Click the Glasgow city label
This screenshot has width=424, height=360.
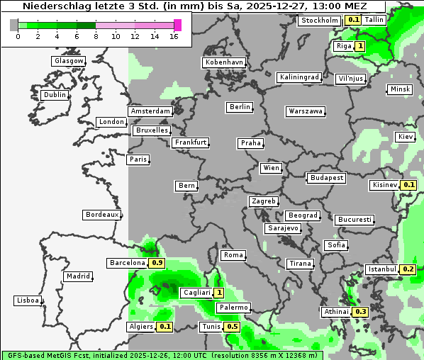pos(68,61)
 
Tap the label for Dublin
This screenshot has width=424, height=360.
pos(55,95)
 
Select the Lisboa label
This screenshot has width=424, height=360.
pos(28,300)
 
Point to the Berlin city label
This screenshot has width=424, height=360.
pos(240,107)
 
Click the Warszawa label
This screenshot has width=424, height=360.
pos(306,111)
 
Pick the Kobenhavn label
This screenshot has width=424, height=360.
pos(224,62)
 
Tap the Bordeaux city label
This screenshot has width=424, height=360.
pos(101,215)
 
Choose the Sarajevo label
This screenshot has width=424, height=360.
pos(283,229)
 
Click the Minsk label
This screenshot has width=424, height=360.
pos(400,89)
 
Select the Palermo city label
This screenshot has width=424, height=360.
pos(233,308)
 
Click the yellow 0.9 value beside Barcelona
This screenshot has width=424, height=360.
pos(157,263)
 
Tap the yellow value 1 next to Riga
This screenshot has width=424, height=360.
pos(360,47)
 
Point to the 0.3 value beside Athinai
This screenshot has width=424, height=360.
pos(360,312)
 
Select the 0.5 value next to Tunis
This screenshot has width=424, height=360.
pos(232,327)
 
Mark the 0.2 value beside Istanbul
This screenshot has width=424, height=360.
pos(408,269)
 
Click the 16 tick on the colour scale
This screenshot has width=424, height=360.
pos(174,36)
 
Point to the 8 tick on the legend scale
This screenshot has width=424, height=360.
pos(96,36)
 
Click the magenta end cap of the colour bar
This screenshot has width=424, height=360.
pos(177,25)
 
